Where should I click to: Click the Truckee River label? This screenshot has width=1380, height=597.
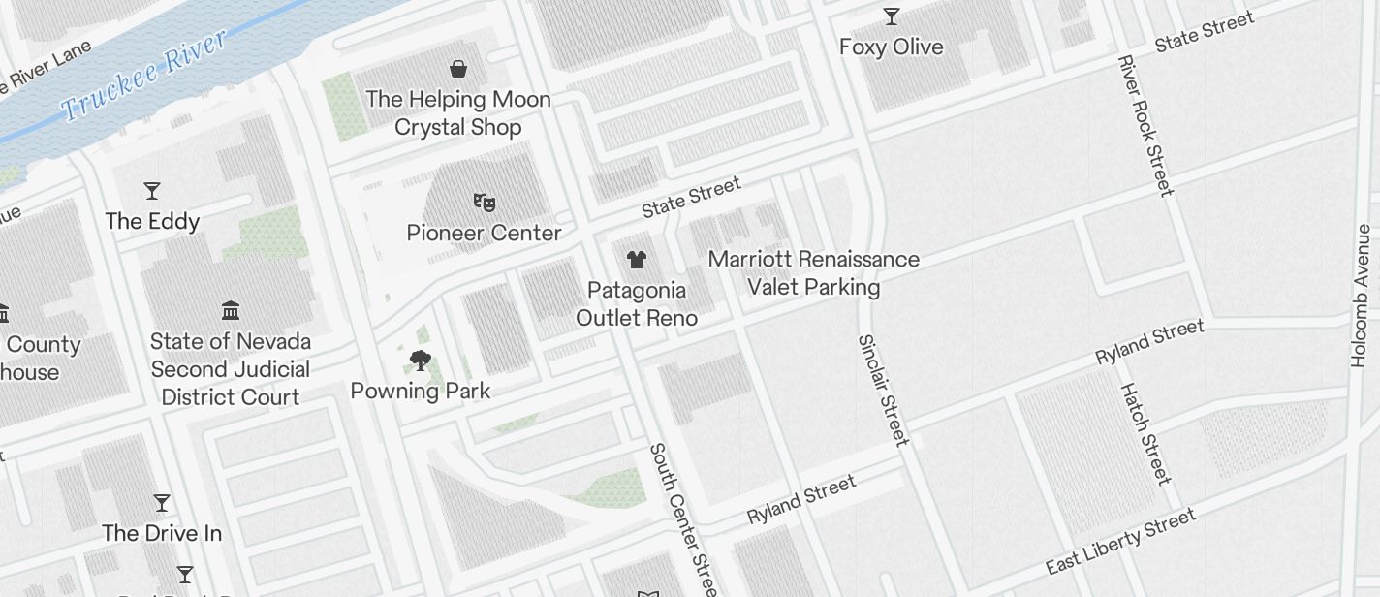145,76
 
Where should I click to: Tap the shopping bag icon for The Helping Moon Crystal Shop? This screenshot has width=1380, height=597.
458,69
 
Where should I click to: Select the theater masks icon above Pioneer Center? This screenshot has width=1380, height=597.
485,203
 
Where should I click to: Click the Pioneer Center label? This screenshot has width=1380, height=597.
484,233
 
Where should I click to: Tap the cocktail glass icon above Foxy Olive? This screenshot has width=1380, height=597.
891,16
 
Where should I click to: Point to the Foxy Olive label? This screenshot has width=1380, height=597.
891,47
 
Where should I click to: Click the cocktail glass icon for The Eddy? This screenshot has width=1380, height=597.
152,190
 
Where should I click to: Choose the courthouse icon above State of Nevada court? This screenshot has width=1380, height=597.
231,311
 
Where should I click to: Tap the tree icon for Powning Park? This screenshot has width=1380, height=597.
420,361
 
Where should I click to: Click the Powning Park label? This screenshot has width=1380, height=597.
420,391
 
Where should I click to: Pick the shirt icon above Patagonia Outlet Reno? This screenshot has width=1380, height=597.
636,260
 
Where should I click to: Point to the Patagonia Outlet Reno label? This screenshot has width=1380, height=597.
636,303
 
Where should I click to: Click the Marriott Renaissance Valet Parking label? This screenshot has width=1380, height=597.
813,273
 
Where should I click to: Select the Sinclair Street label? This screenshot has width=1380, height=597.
883,390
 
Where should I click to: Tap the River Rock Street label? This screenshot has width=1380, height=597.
1145,125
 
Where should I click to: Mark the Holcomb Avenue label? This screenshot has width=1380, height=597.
1362,296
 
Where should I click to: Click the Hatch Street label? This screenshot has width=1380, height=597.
1145,432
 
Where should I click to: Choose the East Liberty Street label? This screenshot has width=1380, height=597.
1120,544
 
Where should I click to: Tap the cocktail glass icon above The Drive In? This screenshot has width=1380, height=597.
162,503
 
